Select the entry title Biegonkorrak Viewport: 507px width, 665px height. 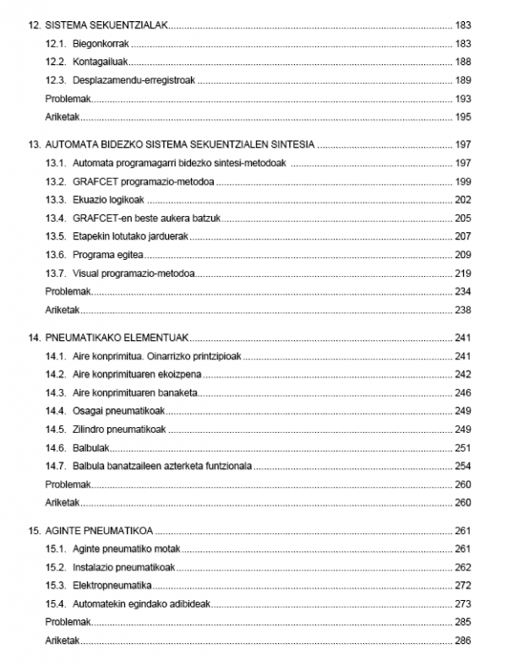coord(100,44)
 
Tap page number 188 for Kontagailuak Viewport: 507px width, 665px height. coord(462,62)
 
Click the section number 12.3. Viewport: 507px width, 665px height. coord(55,81)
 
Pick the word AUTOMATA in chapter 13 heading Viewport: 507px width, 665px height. coord(73,144)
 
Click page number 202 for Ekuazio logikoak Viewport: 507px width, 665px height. coord(462,200)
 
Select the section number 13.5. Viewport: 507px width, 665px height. coord(55,236)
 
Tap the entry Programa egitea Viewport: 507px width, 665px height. coord(109,255)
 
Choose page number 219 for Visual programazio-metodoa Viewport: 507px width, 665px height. coord(462,273)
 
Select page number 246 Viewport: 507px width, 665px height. coord(462,392)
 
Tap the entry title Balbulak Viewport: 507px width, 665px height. coord(91,447)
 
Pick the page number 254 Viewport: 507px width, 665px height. coord(462,466)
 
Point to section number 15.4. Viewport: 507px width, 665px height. coord(55,603)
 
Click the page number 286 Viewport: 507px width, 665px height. coord(462,641)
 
